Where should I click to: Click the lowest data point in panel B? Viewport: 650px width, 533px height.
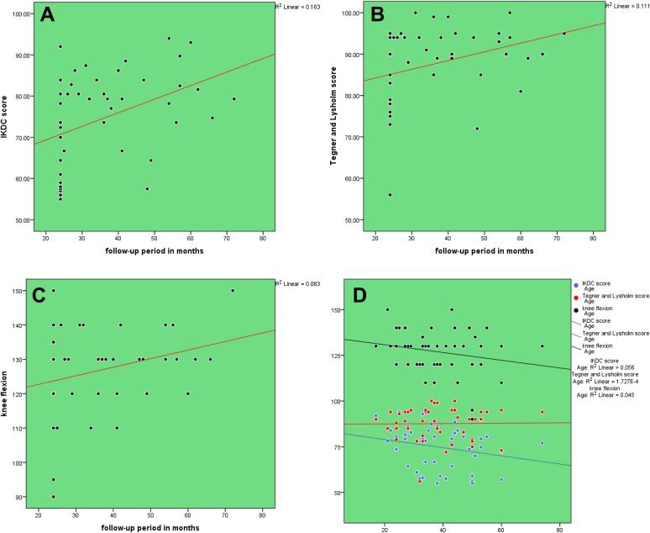(x=390, y=194)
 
